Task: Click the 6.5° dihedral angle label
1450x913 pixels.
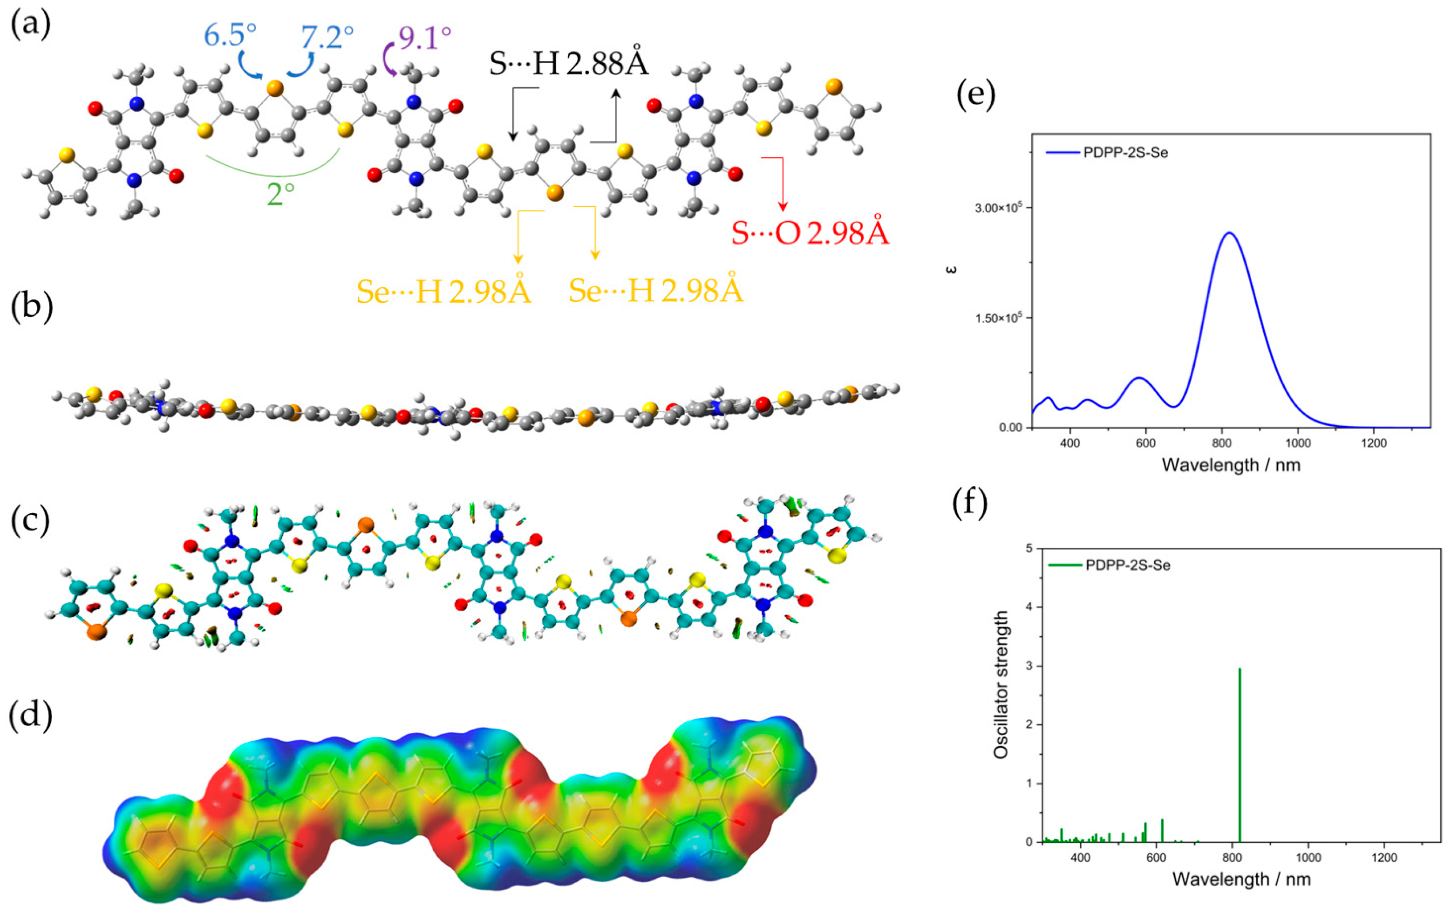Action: click(230, 36)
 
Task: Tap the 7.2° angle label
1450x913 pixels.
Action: click(327, 38)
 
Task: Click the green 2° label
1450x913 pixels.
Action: click(280, 194)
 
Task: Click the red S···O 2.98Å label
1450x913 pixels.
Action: click(810, 234)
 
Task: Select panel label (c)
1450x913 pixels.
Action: click(30, 520)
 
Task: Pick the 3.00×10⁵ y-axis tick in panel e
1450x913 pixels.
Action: click(1003, 208)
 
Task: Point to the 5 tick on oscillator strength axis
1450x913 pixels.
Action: click(1029, 549)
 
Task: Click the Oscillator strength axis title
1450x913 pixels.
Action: click(1000, 685)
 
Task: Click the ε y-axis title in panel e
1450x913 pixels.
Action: click(952, 269)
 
